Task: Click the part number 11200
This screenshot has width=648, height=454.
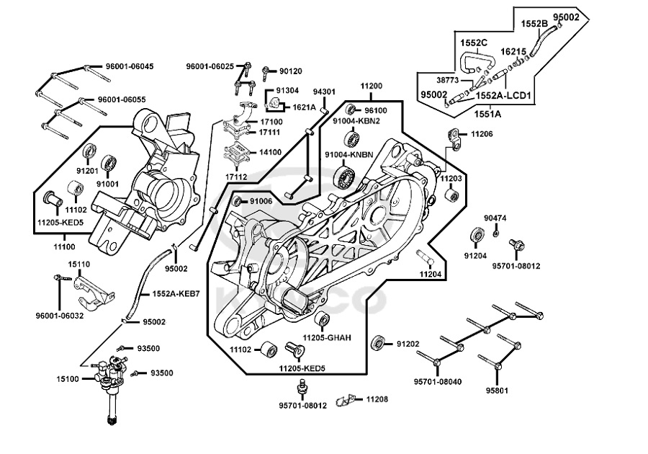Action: pyautogui.click(x=372, y=86)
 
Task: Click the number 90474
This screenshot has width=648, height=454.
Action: pyautogui.click(x=495, y=218)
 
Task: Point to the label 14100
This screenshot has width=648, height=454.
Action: pyautogui.click(x=270, y=153)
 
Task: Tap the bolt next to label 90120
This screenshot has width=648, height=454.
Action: pyautogui.click(x=266, y=71)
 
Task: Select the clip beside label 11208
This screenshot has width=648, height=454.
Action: pyautogui.click(x=352, y=399)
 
